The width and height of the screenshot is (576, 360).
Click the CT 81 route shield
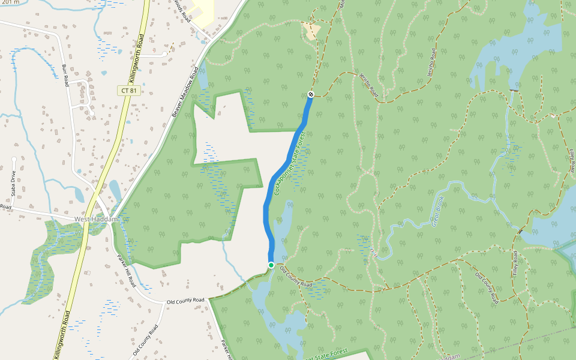[x=129, y=91]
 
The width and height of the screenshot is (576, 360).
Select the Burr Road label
[x=66, y=75]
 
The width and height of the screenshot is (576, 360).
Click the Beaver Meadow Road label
[x=185, y=91]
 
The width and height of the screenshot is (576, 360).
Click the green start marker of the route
[x=271, y=265]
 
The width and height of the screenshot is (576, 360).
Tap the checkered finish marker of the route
[x=311, y=94]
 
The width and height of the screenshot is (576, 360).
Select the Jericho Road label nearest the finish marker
[x=368, y=85]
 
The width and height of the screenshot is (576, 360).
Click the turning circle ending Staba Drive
[x=14, y=160]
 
